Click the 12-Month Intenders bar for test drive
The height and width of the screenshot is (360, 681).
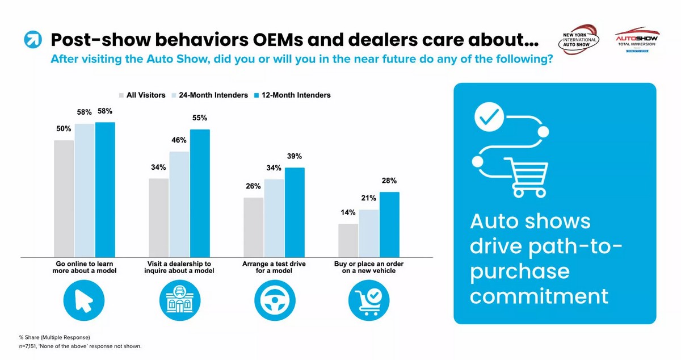pos(295,213)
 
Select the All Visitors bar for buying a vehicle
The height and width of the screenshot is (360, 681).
pos(348,241)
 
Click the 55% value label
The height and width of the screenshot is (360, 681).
pos(200,118)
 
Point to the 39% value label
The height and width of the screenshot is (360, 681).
pos(295,156)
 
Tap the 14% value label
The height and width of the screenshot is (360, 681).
pos(348,213)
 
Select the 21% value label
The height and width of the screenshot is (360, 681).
pos(369,198)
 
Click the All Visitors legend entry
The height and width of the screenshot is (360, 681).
pos(142,95)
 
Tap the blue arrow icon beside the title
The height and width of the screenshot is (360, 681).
pos(32,40)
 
